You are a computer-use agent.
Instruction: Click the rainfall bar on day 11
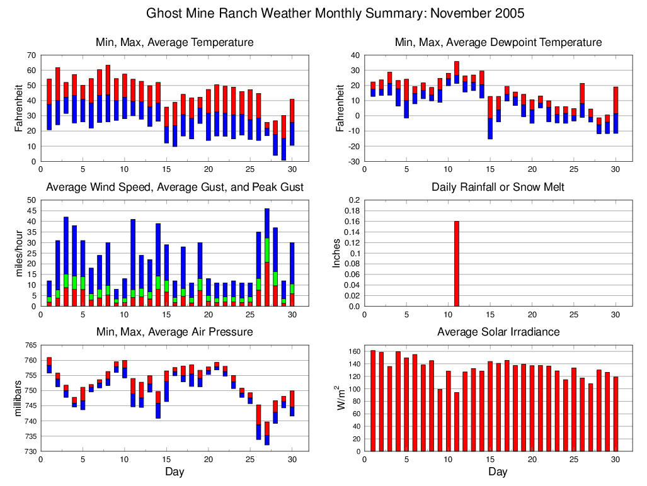coord(457,264)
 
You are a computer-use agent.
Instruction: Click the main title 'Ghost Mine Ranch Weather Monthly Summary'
coord(335,13)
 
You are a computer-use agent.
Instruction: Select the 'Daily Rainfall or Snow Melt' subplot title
coord(498,187)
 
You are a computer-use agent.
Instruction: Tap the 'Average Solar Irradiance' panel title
coord(498,332)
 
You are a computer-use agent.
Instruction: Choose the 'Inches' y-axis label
coord(338,253)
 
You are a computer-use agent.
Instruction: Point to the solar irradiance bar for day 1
coord(373,400)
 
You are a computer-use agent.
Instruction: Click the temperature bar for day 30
coord(292,123)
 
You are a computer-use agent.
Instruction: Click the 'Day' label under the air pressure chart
coord(175,472)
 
